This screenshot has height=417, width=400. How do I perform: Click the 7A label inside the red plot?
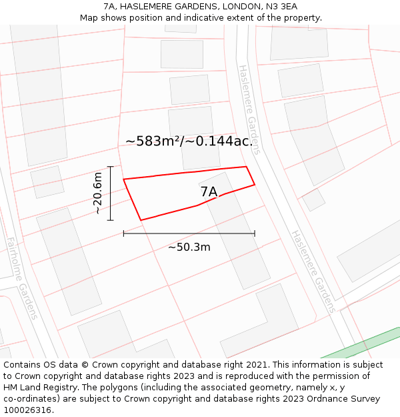[x=209, y=192]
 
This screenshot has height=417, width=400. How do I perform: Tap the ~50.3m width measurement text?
[x=189, y=248]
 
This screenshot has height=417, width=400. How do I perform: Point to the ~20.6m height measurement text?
[x=97, y=193]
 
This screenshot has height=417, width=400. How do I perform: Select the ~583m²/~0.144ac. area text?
[x=189, y=141]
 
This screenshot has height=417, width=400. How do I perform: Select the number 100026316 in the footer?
[x=27, y=410]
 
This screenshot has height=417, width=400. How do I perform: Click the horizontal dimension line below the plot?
[x=189, y=234]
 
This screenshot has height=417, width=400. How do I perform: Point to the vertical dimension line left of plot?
[x=111, y=193]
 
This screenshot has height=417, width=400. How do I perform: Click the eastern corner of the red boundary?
[x=255, y=185]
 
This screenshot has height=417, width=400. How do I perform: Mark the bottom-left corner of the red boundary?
[x=141, y=220]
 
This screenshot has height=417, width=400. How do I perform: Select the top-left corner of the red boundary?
[x=123, y=179]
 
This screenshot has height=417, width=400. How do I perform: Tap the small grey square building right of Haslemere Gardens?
[x=313, y=199]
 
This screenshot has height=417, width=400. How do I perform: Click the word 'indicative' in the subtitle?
[x=209, y=18]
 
